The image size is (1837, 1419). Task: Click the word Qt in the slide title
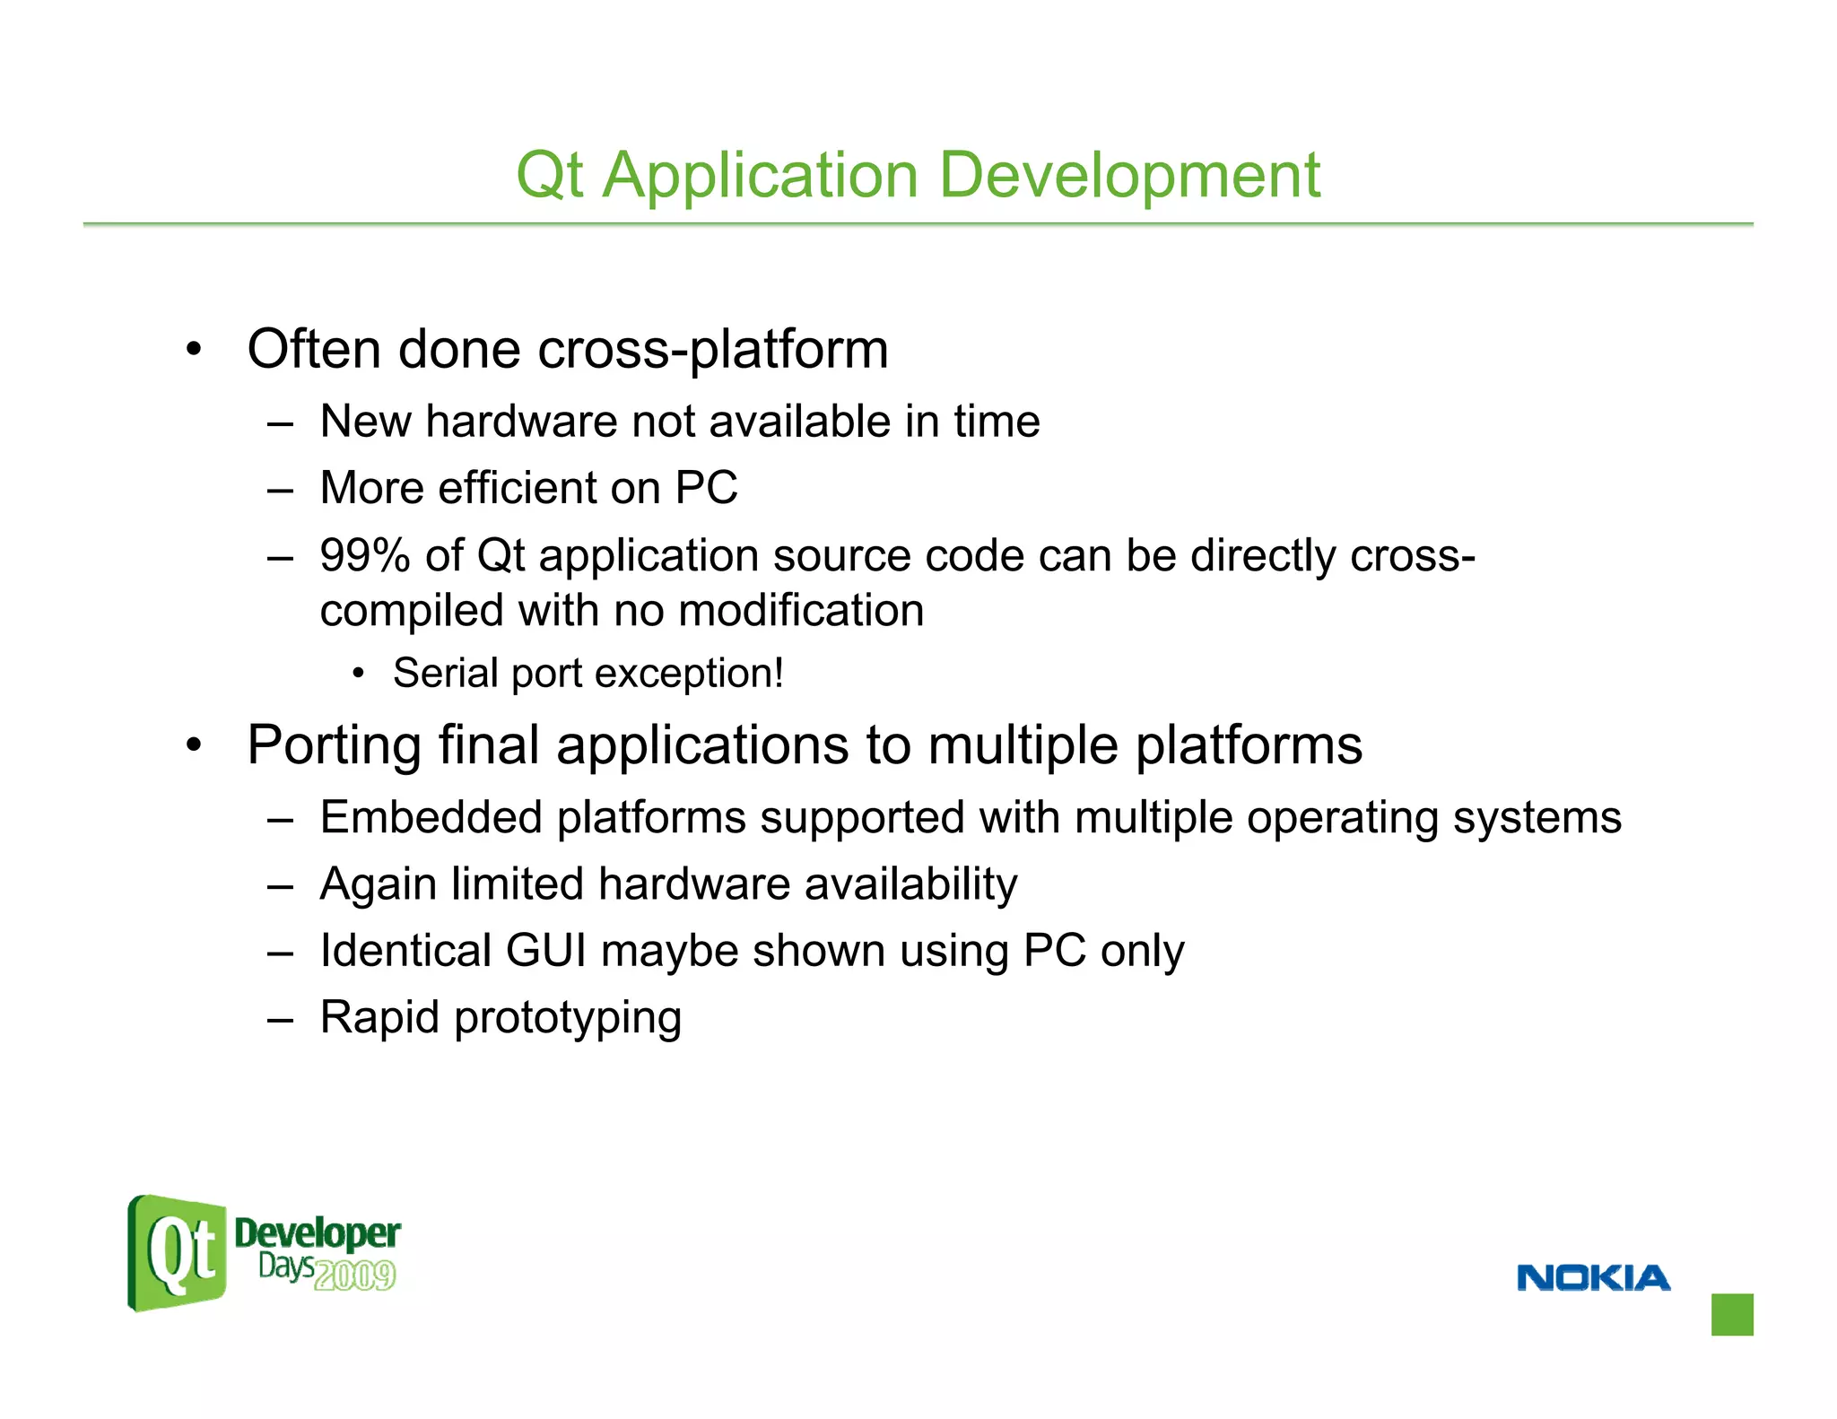(x=550, y=176)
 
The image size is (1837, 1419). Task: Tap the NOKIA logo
(x=1593, y=1277)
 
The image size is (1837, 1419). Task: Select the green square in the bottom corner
(x=1731, y=1314)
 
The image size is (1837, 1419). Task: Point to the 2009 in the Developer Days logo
(x=355, y=1275)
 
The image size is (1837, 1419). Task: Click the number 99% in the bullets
(x=364, y=555)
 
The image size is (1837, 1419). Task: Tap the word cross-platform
(x=712, y=350)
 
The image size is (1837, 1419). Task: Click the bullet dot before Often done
(x=194, y=350)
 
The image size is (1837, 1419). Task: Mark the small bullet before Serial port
(x=359, y=674)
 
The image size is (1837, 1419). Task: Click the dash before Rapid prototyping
(x=280, y=1019)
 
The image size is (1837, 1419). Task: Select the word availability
(x=910, y=885)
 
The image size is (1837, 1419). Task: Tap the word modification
(x=801, y=612)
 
